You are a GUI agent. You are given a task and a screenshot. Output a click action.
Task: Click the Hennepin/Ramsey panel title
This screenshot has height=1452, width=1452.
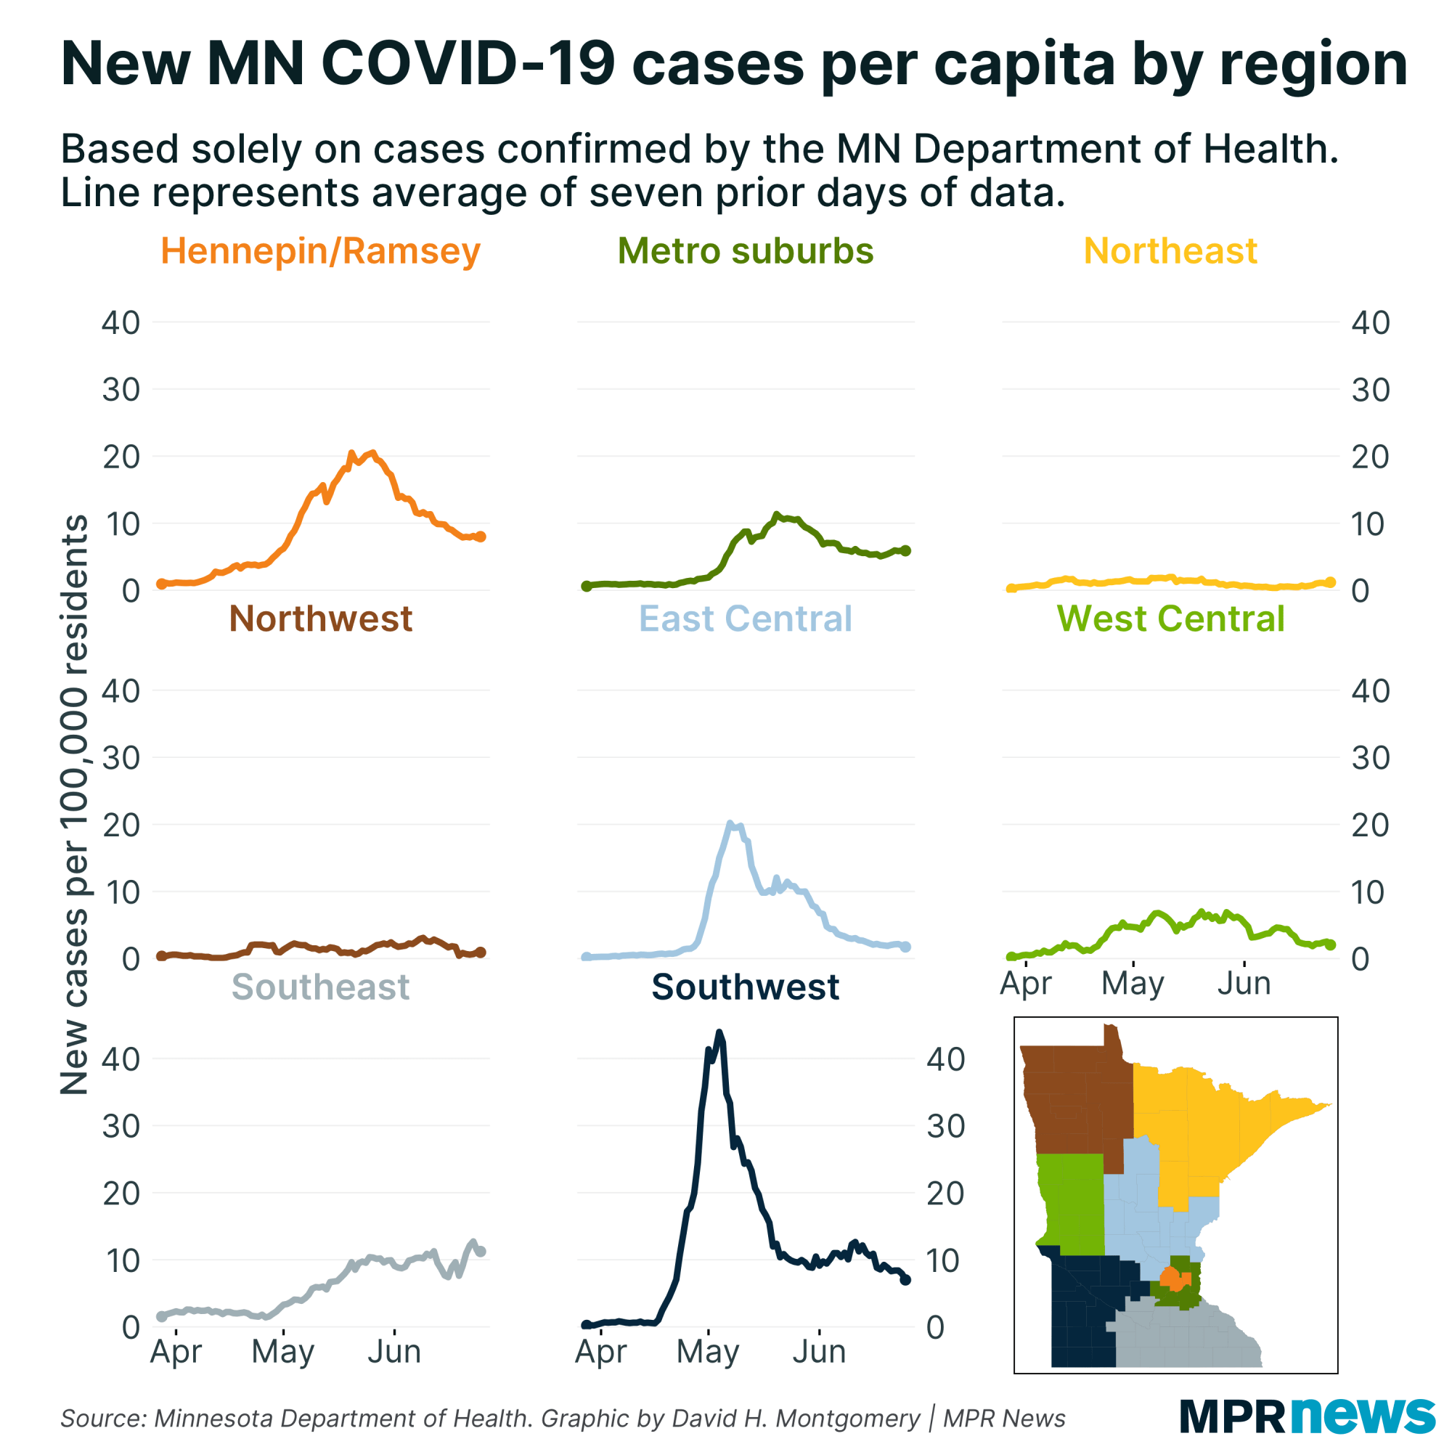[320, 251]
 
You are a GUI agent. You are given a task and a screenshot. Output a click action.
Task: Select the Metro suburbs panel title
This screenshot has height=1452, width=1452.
[746, 251]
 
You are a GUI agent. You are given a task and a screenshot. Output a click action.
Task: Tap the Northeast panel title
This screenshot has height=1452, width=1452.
[1170, 251]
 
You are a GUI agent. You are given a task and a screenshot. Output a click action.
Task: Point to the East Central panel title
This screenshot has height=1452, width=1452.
[746, 619]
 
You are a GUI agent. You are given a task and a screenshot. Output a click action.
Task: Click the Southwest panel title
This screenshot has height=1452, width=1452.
[746, 987]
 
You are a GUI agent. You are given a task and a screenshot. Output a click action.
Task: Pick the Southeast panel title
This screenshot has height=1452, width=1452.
[320, 987]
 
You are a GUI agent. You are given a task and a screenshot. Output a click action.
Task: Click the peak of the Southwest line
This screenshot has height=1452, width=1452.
[719, 1033]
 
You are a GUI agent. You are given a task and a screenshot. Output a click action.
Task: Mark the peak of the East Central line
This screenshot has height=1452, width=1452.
[730, 825]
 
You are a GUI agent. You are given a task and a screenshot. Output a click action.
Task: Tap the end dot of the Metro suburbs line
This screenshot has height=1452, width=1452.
[905, 551]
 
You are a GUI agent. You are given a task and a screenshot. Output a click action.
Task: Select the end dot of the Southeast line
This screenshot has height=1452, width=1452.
[481, 1252]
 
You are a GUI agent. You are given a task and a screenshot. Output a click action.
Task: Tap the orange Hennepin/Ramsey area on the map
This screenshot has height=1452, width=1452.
[1171, 1278]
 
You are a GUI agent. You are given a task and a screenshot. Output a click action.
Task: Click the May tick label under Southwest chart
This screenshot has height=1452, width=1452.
[707, 1351]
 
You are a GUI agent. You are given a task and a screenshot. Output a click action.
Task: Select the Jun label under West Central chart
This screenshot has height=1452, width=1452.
[1244, 983]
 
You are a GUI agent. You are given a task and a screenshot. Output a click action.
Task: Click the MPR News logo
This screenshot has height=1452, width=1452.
[1307, 1416]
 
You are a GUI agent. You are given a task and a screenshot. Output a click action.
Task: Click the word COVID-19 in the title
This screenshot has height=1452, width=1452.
[468, 63]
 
